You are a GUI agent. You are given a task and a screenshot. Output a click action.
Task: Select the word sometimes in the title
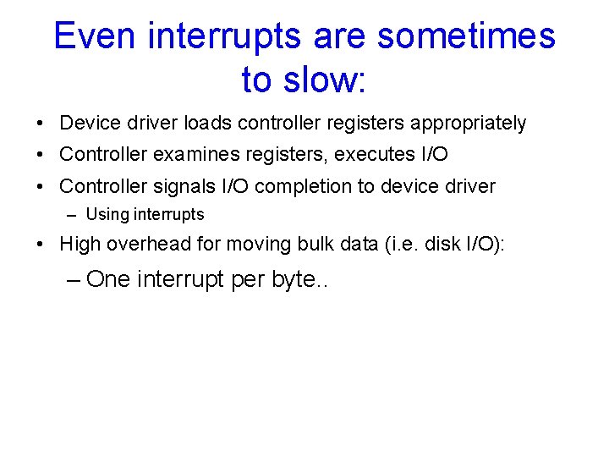[466, 36]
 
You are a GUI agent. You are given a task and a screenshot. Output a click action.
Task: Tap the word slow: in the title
[326, 80]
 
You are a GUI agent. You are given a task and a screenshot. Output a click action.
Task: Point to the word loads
[208, 124]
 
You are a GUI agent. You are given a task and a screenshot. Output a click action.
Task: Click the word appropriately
[468, 124]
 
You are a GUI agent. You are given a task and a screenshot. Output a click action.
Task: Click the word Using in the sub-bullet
[107, 215]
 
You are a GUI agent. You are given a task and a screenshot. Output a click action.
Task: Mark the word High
[80, 245]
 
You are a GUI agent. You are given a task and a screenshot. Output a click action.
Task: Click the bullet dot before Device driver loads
[41, 124]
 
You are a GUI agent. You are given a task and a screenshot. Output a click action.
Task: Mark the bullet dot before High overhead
[41, 245]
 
